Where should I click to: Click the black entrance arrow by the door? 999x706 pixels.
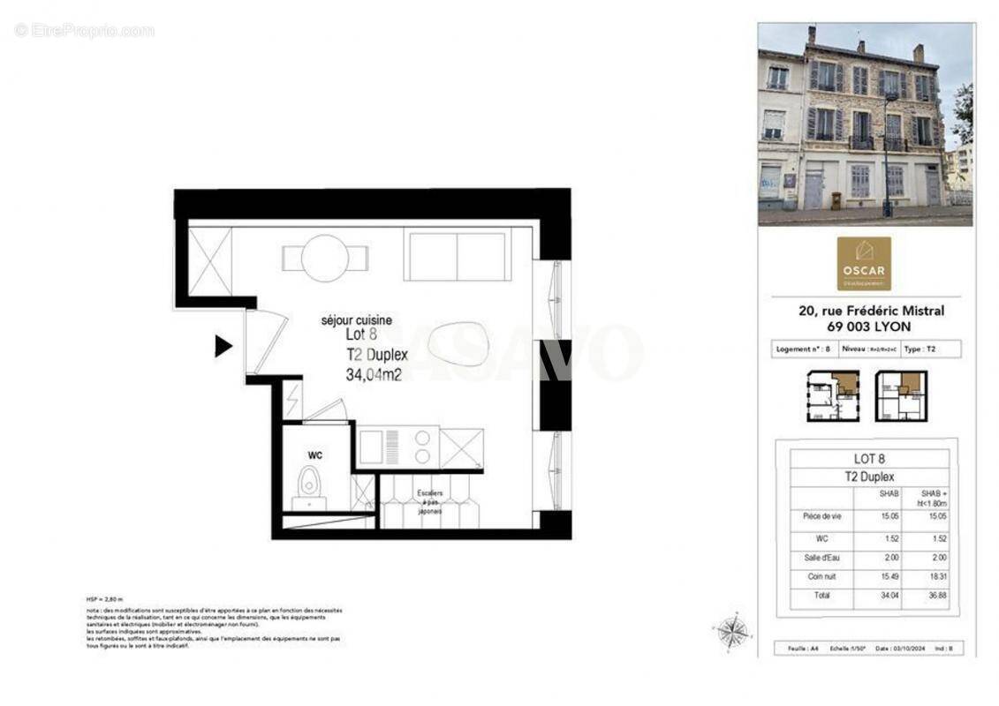[223, 346]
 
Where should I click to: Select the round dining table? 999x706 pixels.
[323, 258]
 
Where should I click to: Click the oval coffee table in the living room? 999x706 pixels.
[458, 343]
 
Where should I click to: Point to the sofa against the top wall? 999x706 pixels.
[456, 256]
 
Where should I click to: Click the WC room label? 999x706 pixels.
[314, 455]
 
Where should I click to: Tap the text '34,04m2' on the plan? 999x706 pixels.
[374, 374]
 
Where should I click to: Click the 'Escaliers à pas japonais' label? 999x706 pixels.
[430, 501]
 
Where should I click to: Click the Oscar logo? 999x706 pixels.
[863, 263]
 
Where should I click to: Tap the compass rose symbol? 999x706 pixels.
[731, 631]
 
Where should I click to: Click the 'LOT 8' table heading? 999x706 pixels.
[868, 459]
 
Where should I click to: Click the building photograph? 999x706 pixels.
[865, 124]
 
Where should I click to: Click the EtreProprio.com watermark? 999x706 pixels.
[84, 31]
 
